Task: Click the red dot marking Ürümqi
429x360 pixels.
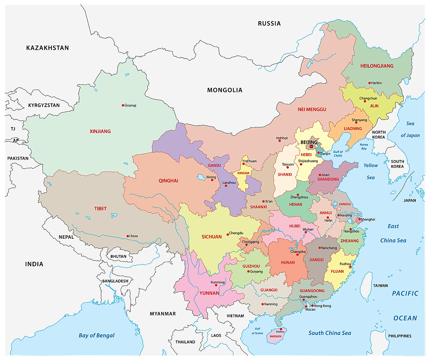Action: pos(123,105)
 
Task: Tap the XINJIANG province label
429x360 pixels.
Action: pos(100,131)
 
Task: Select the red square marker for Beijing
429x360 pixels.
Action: pos(311,146)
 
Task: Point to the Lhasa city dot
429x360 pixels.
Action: pos(128,236)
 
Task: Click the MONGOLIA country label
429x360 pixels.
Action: pos(225,90)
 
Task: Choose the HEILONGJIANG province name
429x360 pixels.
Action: pos(377,66)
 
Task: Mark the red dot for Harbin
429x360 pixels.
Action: pos(370,83)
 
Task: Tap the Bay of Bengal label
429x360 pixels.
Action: pos(97,335)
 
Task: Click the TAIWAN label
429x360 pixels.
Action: pos(380,286)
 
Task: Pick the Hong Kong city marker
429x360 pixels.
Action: pos(312,306)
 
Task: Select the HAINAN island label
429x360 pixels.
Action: pos(276,336)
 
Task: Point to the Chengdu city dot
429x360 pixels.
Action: pos(228,234)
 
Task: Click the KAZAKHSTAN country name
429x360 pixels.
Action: pos(47,48)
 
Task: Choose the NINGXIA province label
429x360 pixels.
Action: pos(243,173)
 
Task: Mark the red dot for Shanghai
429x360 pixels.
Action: pos(359,220)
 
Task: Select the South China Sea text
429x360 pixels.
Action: pos(330,333)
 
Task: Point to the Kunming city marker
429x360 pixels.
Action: pos(216,285)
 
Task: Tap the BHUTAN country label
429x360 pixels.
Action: pos(118,256)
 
